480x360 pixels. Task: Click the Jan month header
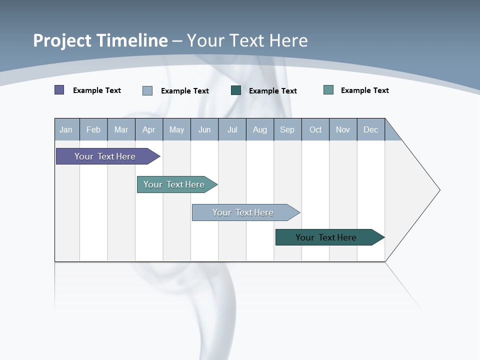click(66, 129)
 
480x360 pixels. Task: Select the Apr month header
click(149, 129)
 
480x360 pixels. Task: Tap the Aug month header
click(260, 129)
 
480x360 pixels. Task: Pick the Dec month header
click(371, 129)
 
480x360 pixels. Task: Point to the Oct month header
click(315, 129)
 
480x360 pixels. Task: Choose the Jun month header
click(204, 129)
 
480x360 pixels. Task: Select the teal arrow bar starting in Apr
click(175, 184)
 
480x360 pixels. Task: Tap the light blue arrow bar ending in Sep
click(244, 212)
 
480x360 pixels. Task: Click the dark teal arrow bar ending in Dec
click(327, 237)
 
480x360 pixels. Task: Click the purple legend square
click(59, 90)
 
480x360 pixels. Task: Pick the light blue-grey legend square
click(147, 90)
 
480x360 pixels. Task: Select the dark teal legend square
click(236, 90)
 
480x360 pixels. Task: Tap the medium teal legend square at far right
click(328, 90)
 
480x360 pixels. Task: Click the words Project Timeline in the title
click(100, 40)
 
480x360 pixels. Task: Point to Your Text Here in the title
click(247, 40)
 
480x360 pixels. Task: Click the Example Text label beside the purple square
click(97, 90)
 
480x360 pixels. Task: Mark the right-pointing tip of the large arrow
click(438, 190)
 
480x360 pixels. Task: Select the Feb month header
click(93, 129)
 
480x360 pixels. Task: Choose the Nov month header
click(343, 129)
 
